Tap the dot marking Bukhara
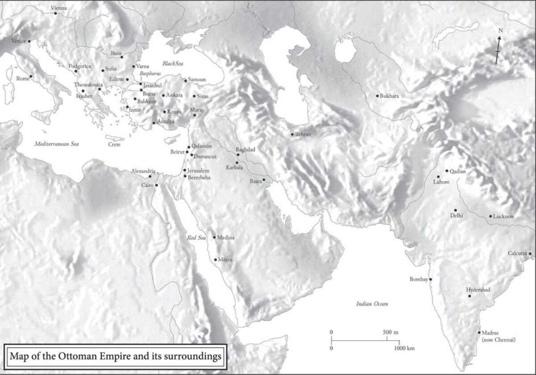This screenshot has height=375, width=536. tap(377, 96)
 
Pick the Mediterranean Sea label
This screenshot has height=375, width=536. tap(56, 144)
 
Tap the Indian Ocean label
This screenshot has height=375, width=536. tap(372, 304)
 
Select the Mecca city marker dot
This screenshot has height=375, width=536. tap(216, 259)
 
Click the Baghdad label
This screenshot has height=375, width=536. tap(245, 150)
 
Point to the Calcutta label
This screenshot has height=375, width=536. tap(517, 253)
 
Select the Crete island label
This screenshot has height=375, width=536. tap(114, 144)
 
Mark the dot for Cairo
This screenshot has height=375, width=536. tap(156, 185)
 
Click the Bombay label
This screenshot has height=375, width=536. tap(419, 279)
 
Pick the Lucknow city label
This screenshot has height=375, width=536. tap(503, 217)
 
